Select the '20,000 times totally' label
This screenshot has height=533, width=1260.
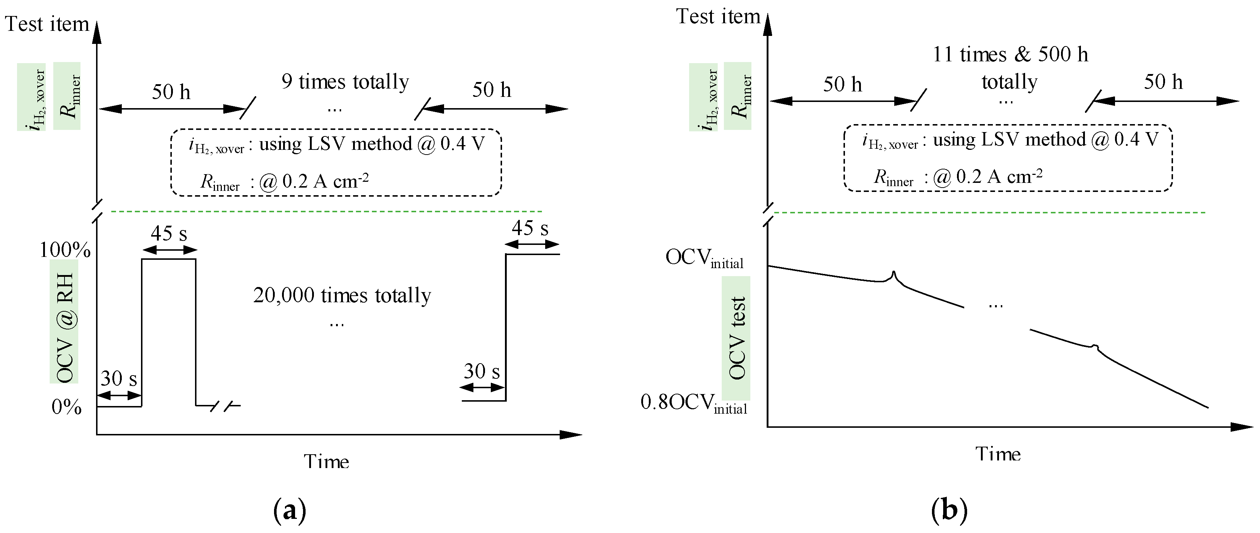[342, 296]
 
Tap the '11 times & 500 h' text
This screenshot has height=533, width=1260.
[1010, 54]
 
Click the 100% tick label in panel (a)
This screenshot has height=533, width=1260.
[65, 250]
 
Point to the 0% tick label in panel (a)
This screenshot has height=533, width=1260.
[67, 407]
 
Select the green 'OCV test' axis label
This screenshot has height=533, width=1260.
[736, 338]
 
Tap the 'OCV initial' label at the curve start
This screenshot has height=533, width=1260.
[704, 258]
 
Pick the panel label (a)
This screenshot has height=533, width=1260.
[290, 511]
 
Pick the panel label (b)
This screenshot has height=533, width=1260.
[949, 511]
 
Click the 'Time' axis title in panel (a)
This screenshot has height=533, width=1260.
[326, 462]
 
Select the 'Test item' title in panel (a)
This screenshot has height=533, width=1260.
[47, 24]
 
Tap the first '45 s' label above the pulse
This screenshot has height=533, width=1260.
[169, 233]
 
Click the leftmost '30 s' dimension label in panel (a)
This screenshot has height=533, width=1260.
[119, 378]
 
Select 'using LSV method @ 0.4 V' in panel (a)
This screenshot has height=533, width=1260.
[372, 144]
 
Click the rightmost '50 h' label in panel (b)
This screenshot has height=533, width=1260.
[1163, 82]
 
